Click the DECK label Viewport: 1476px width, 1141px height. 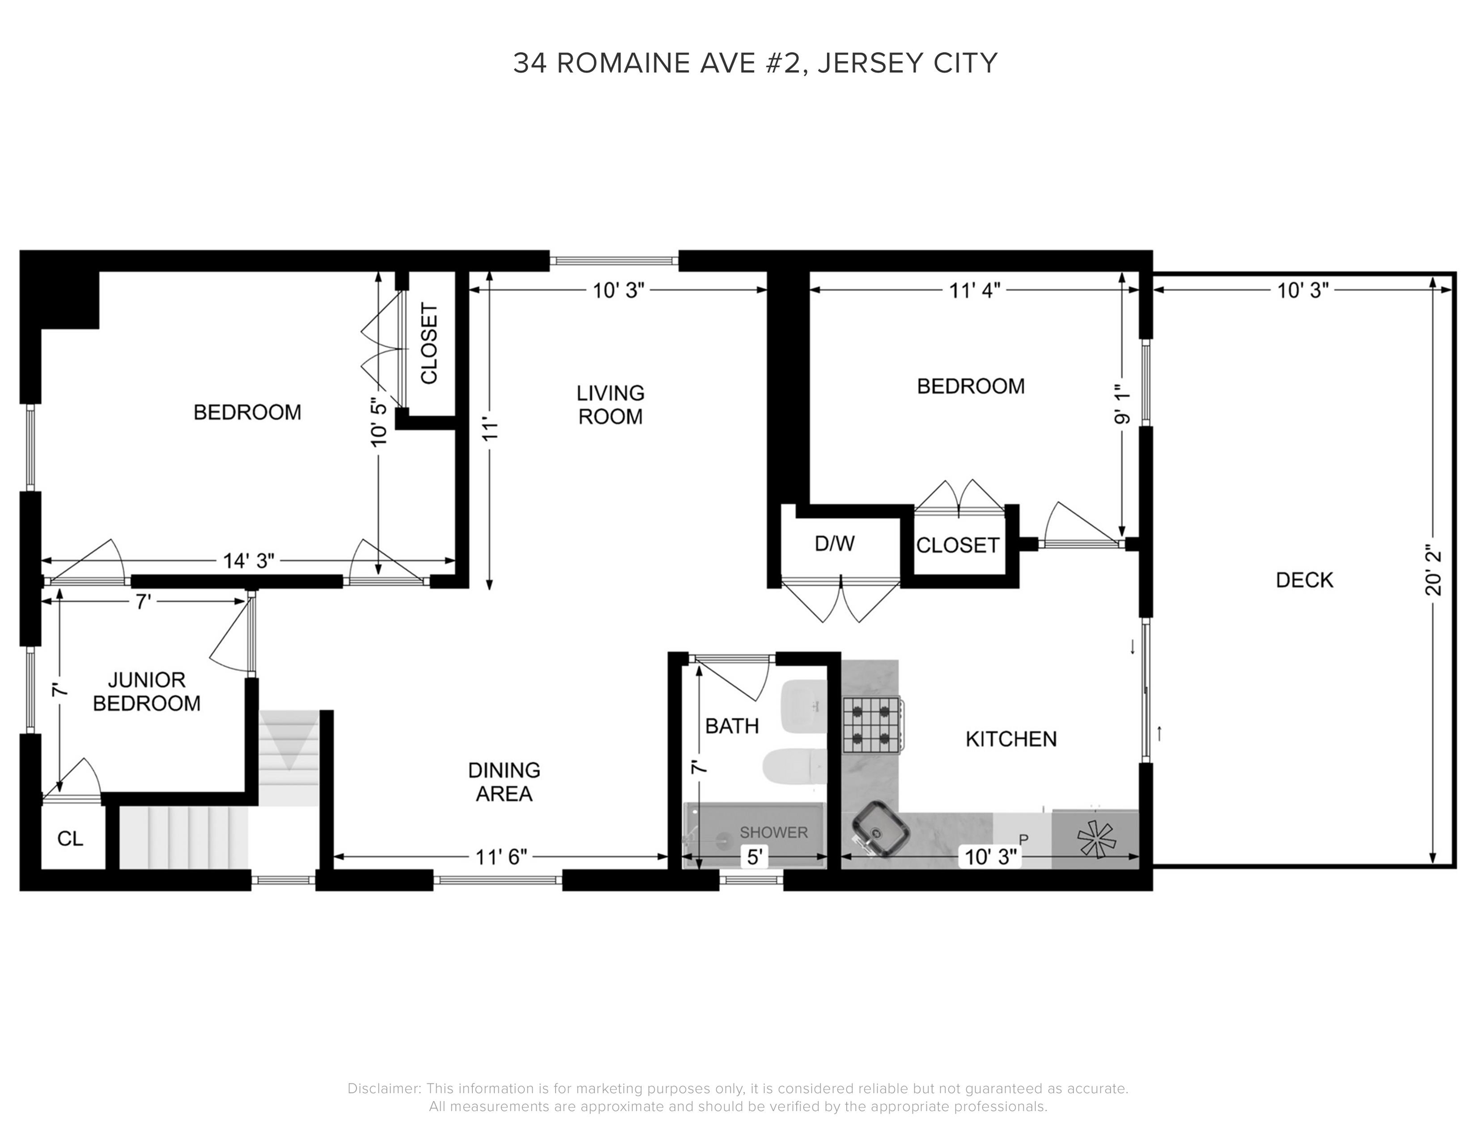1304,580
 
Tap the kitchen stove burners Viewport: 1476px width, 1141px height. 872,725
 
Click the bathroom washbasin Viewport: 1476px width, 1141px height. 803,706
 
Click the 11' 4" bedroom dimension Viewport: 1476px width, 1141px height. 974,291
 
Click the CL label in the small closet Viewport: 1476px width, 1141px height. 70,839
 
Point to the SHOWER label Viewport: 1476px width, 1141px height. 773,832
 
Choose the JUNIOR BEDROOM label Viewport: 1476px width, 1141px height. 146,691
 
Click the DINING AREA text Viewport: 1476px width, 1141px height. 504,781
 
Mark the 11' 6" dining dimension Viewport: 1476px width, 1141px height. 500,857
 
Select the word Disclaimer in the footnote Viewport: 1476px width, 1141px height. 383,1089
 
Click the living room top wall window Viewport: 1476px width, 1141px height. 613,260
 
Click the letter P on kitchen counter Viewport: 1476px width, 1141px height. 1022,839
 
